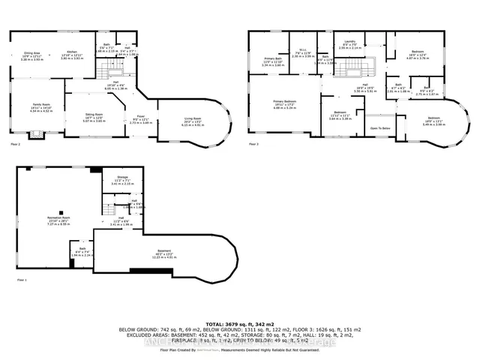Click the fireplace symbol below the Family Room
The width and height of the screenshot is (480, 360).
(x=34, y=136)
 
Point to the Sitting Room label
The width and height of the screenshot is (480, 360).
(x=94, y=115)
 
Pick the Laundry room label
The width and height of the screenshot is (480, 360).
(x=349, y=41)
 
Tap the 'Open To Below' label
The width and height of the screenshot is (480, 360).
(x=381, y=128)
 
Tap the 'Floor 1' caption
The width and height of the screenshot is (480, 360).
(x=20, y=280)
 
